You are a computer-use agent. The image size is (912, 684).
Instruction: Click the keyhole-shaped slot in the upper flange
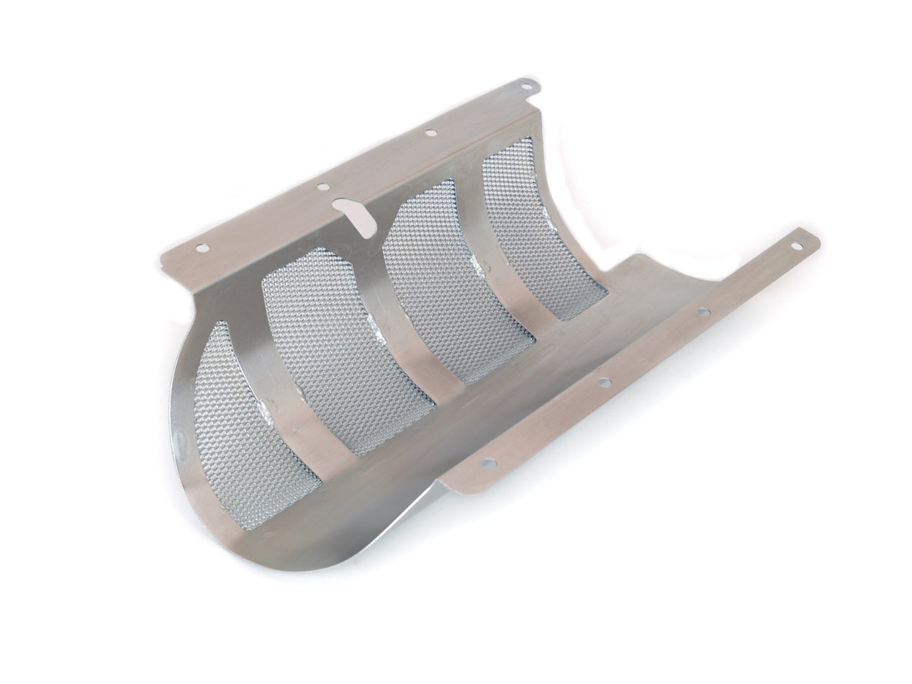[356, 214]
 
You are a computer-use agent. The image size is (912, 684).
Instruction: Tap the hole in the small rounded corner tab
[527, 86]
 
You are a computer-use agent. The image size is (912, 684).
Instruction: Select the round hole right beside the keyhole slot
[323, 186]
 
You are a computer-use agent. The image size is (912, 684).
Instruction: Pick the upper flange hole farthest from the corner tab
[202, 248]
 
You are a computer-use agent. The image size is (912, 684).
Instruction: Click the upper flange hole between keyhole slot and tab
[430, 132]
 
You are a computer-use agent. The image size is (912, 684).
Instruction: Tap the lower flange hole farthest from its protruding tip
[489, 463]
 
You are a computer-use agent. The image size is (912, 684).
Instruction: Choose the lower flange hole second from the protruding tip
[703, 312]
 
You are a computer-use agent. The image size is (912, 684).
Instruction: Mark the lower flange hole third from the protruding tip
[603, 382]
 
